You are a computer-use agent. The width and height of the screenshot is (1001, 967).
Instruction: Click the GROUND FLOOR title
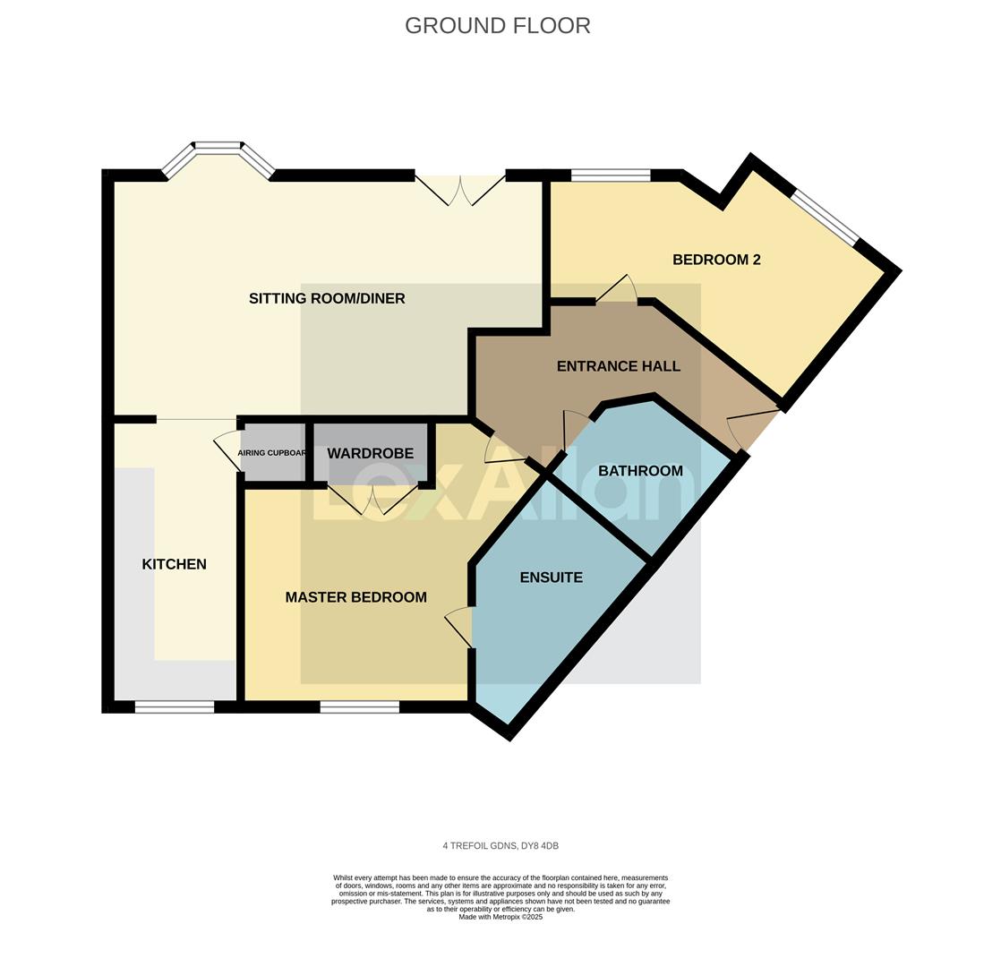pyautogui.click(x=497, y=26)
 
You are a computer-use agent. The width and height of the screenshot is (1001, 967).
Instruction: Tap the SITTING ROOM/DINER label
pyautogui.click(x=327, y=298)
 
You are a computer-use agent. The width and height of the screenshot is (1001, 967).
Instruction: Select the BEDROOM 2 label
pyautogui.click(x=716, y=260)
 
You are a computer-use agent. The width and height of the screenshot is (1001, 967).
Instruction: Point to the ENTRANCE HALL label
pyautogui.click(x=618, y=366)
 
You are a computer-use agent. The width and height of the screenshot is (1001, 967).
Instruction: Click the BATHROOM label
pyautogui.click(x=640, y=471)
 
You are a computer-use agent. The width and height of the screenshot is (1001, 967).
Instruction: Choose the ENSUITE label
pyautogui.click(x=551, y=578)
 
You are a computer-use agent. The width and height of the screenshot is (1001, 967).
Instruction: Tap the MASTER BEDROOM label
pyautogui.click(x=355, y=597)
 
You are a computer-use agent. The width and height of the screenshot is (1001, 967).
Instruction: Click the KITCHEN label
pyautogui.click(x=174, y=564)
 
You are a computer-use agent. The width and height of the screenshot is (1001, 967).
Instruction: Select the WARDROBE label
pyautogui.click(x=370, y=454)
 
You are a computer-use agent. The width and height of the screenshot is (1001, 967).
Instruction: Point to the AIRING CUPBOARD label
pyautogui.click(x=272, y=453)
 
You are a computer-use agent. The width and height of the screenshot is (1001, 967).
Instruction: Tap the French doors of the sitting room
pyautogui.click(x=460, y=190)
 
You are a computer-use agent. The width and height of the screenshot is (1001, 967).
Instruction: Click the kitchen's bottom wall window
pyautogui.click(x=174, y=707)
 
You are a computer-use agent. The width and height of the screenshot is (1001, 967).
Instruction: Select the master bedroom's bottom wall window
pyautogui.click(x=359, y=707)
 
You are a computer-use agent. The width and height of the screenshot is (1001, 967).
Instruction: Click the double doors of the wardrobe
pyautogui.click(x=373, y=500)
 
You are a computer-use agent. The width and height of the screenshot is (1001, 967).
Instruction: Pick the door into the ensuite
pyautogui.click(x=459, y=625)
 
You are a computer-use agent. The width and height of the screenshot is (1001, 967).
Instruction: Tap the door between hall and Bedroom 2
pyautogui.click(x=616, y=290)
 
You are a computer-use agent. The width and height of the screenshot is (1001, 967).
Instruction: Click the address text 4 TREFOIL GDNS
pyautogui.click(x=500, y=846)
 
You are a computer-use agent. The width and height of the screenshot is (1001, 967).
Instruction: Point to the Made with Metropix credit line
pyautogui.click(x=500, y=917)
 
